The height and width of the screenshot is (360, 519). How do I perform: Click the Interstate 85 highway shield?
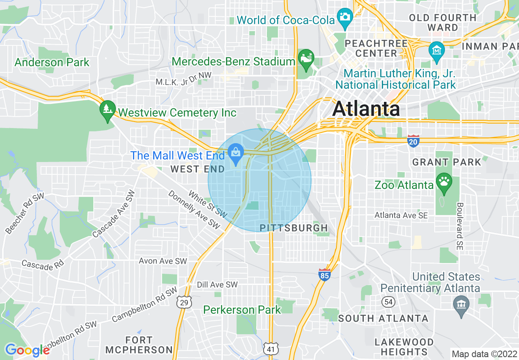pyautogui.click(x=324, y=275)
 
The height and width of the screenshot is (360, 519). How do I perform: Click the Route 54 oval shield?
pyautogui.click(x=388, y=302)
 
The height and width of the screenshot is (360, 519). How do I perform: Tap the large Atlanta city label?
pyautogui.click(x=366, y=109)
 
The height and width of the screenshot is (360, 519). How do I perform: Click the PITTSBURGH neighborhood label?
pyautogui.click(x=294, y=228)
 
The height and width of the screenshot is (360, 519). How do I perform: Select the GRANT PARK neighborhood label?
pyautogui.click(x=447, y=162)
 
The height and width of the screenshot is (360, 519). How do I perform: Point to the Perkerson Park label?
pyautogui.click(x=242, y=310)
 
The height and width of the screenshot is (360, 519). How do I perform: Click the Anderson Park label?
pyautogui.click(x=52, y=63)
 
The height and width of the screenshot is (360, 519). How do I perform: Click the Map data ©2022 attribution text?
pyautogui.click(x=484, y=354)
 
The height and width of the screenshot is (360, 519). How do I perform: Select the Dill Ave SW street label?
pyautogui.click(x=217, y=284)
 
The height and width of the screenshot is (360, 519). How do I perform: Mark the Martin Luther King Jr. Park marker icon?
pyautogui.click(x=436, y=51)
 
